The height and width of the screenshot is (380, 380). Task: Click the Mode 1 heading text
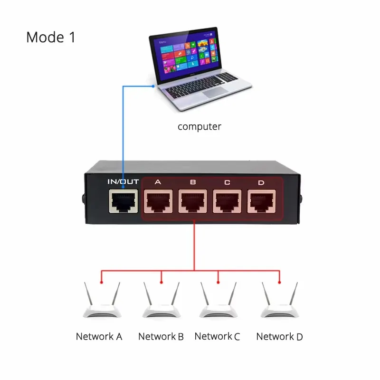click(51, 37)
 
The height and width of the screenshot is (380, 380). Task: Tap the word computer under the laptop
click(199, 127)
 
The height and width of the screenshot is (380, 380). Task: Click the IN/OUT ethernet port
click(123, 202)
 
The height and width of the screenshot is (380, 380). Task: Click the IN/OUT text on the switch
click(123, 181)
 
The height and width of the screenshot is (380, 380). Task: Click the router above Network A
click(101, 302)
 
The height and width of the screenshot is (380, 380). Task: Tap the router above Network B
click(161, 302)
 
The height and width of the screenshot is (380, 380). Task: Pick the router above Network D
click(279, 302)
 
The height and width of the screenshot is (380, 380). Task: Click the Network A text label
click(99, 337)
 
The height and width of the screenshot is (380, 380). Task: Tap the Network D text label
click(279, 337)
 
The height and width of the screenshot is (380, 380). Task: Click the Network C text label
click(217, 337)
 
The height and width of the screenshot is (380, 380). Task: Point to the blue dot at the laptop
click(153, 86)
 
